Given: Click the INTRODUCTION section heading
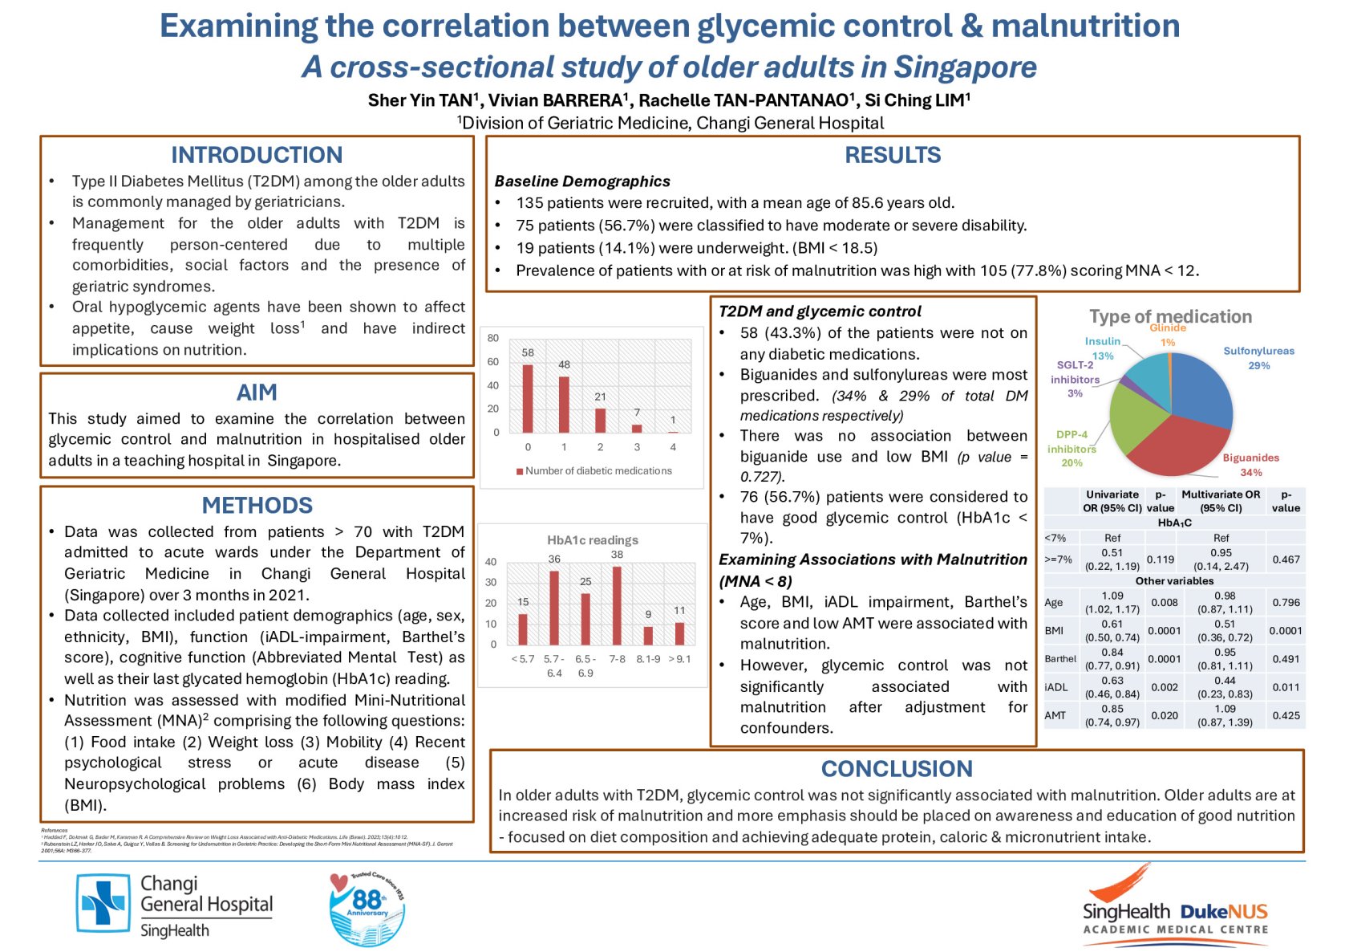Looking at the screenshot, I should click(x=257, y=155).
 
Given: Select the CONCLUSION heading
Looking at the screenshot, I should click(x=896, y=768).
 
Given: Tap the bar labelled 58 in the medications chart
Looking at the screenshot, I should click(x=528, y=398).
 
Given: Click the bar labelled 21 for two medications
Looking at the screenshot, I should click(x=600, y=420).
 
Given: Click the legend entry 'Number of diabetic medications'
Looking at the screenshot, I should click(x=598, y=471).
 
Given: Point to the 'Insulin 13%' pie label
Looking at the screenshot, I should click(x=1103, y=348).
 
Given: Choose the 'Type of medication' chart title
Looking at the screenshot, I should click(x=1170, y=316).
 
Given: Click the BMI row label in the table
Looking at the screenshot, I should click(x=1054, y=631).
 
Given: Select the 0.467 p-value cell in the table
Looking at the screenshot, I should click(x=1286, y=559).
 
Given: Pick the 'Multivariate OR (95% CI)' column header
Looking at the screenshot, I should click(x=1221, y=501).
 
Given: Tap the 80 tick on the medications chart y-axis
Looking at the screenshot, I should click(x=493, y=338).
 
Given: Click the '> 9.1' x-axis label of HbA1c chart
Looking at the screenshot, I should click(x=679, y=659).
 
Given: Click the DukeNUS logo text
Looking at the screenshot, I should click(x=1224, y=912).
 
